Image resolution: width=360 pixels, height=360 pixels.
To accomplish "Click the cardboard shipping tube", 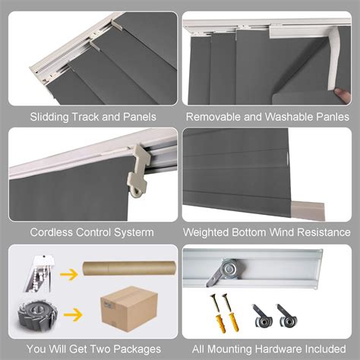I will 130,270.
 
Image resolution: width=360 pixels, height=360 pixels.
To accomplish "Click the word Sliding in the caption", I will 48,117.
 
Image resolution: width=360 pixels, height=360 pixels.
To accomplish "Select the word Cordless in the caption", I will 52,232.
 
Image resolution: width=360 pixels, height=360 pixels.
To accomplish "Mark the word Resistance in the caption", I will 323,232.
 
